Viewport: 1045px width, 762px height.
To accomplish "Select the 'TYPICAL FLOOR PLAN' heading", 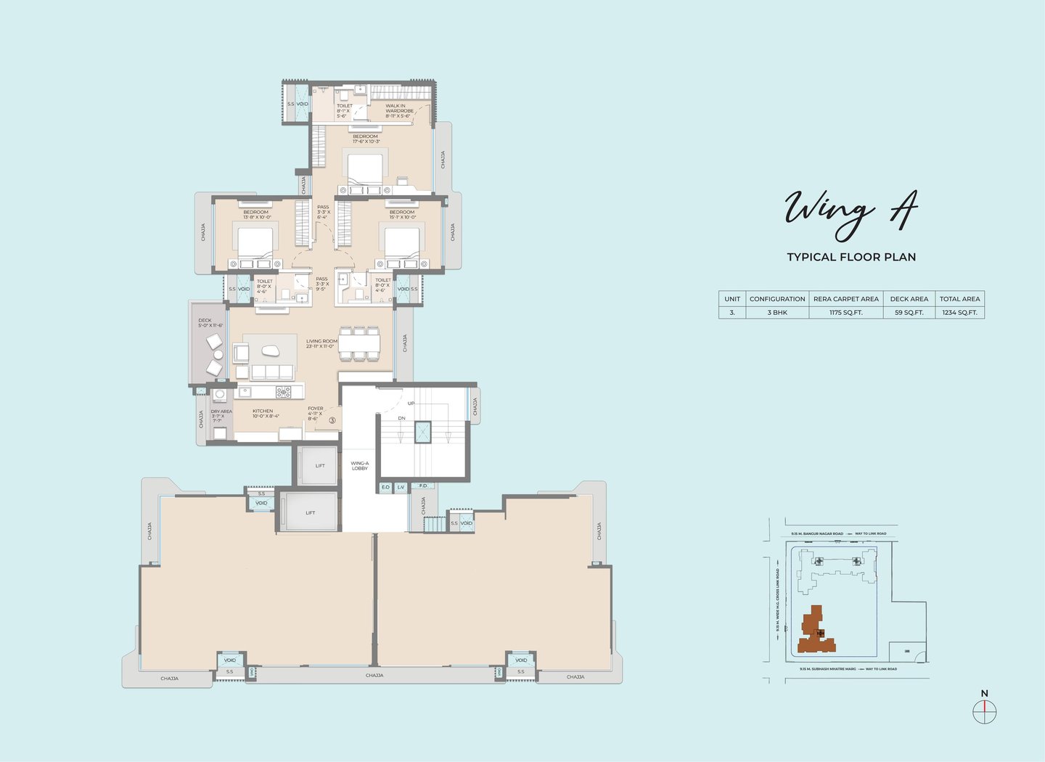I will (851, 257).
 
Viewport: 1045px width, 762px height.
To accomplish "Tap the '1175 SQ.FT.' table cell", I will (845, 313).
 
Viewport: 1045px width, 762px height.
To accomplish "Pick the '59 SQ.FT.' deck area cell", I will (909, 313).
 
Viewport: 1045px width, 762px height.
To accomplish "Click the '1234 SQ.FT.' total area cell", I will (959, 313).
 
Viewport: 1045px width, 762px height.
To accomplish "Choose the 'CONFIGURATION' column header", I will (777, 299).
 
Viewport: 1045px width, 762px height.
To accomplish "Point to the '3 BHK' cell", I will (777, 313).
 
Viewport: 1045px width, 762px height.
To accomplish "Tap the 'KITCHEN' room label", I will (263, 411).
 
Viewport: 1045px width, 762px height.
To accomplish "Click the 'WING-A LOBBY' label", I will (359, 466).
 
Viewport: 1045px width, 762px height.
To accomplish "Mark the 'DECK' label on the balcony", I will (205, 320).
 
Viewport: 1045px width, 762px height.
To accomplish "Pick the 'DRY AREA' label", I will (221, 412).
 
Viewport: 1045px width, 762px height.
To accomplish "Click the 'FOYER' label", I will (315, 409).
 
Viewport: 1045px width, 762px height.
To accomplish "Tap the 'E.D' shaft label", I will (385, 487).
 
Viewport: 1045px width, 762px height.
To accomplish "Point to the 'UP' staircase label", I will (411, 403).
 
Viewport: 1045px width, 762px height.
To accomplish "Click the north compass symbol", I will (985, 710).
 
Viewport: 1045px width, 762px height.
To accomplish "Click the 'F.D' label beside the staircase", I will (423, 486).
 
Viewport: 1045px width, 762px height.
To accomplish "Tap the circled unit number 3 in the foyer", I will (332, 420).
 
